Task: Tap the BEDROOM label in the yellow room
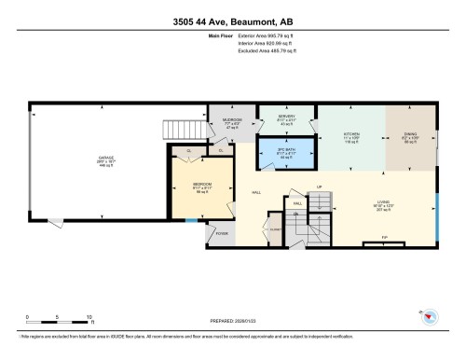pyautogui.click(x=200, y=185)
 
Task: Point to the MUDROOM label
pyautogui.click(x=232, y=120)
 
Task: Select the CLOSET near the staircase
pyautogui.click(x=274, y=228)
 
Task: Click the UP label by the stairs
pyautogui.click(x=320, y=187)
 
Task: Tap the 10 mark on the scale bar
pyautogui.click(x=89, y=318)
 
